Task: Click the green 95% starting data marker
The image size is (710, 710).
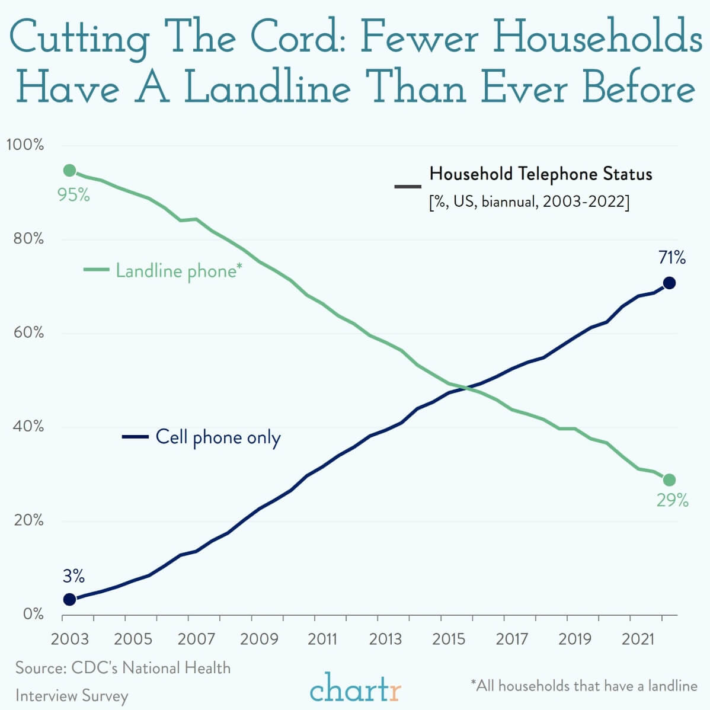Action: pyautogui.click(x=69, y=171)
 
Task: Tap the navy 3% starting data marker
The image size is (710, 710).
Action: pyautogui.click(x=69, y=599)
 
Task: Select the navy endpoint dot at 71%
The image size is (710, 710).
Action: pyautogui.click(x=669, y=283)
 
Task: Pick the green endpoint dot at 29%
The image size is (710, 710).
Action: pyautogui.click(x=669, y=479)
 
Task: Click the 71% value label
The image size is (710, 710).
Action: pyautogui.click(x=672, y=258)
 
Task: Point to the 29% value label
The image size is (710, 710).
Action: pyautogui.click(x=672, y=501)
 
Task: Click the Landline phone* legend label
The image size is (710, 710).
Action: pyautogui.click(x=178, y=271)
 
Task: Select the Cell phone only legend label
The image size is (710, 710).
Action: pyautogui.click(x=218, y=437)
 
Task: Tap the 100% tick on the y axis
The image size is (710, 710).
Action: pyautogui.click(x=25, y=145)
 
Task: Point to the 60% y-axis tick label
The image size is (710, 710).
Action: pyautogui.click(x=27, y=333)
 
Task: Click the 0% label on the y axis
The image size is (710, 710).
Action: pyautogui.click(x=33, y=614)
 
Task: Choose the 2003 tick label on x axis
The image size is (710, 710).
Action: pyautogui.click(x=70, y=639)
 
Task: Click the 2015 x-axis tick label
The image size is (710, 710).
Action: pyautogui.click(x=449, y=639)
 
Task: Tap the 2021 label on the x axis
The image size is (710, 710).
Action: pyautogui.click(x=638, y=639)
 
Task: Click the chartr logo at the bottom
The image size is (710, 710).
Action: pyautogui.click(x=355, y=689)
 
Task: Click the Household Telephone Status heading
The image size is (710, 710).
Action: pyautogui.click(x=541, y=174)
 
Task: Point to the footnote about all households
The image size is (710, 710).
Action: pyautogui.click(x=584, y=686)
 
